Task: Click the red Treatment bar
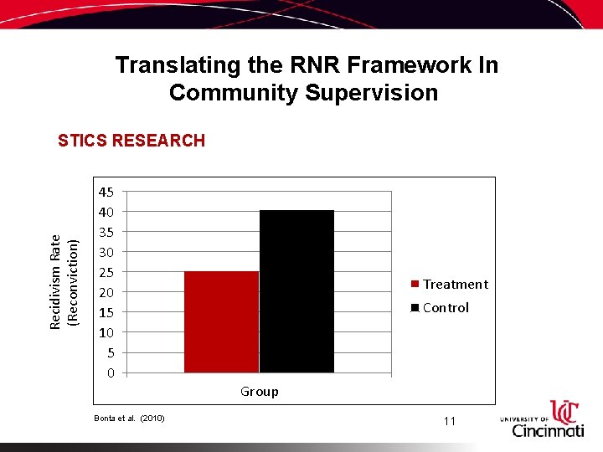coord(221,321)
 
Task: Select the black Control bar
coord(296,291)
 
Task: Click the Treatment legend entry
coord(449,285)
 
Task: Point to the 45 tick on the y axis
coord(106,191)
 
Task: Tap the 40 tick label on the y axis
coord(106,211)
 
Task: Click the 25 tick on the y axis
coord(106,272)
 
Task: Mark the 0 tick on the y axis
coord(110,372)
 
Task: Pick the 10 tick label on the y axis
coord(106,332)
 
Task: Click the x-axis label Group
coord(260,392)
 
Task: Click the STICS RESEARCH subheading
coord(131,141)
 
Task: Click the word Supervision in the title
coord(371,93)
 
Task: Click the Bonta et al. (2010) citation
coord(129,418)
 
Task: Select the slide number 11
coord(449,421)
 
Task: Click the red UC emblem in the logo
coord(564,411)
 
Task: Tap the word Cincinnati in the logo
coord(548,430)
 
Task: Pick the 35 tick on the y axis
coord(106,232)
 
